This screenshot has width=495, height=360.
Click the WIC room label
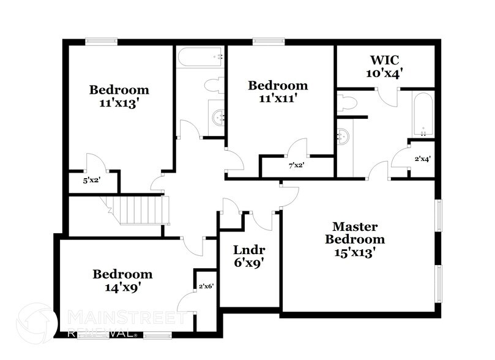tap(384, 60)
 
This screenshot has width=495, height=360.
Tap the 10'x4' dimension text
tap(384, 73)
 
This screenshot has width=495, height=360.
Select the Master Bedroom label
tap(355, 233)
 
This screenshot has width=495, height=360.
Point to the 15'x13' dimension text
tap(355, 251)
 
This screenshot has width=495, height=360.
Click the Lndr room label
tap(249, 250)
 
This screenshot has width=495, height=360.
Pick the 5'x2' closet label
tap(92, 181)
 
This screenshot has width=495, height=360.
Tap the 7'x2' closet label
tap(297, 165)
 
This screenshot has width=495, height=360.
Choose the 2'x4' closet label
tap(422, 159)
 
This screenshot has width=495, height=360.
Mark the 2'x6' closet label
tap(206, 286)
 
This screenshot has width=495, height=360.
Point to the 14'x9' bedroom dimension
tap(122, 286)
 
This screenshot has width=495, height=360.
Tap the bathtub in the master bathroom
tap(423, 114)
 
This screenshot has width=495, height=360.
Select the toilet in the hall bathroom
tap(214, 85)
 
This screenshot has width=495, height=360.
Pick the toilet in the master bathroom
tap(347, 103)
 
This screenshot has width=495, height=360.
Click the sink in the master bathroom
tap(343, 136)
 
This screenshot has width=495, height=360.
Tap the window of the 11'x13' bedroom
tap(101, 42)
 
